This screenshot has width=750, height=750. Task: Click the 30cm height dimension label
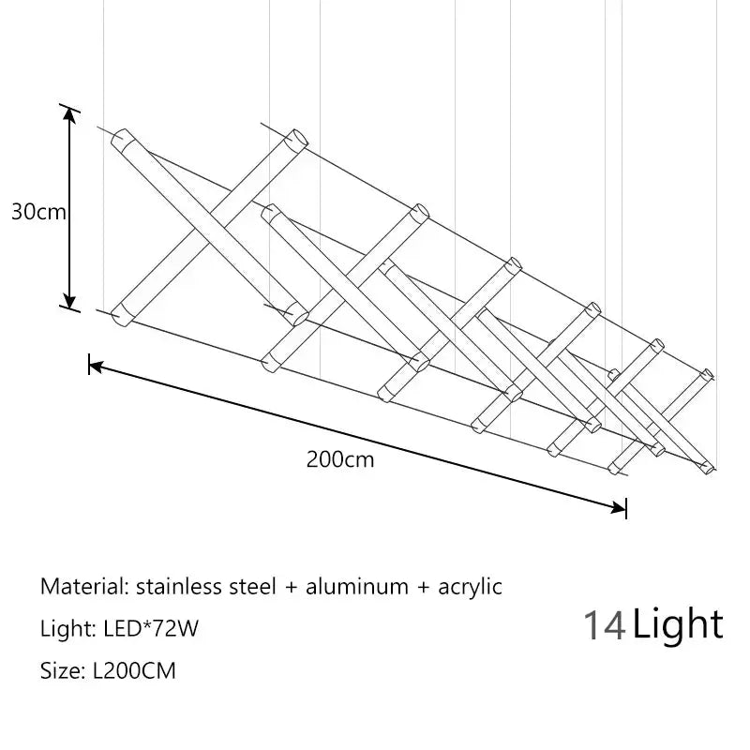tap(38, 212)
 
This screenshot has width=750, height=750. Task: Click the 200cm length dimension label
tap(340, 459)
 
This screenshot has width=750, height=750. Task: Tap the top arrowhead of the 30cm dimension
tap(69, 115)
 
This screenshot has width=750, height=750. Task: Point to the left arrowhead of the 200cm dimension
tap(96, 367)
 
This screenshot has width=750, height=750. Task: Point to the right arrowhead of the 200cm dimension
tap(619, 507)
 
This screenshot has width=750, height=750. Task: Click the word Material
tap(84, 587)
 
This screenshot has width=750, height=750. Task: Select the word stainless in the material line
tap(175, 587)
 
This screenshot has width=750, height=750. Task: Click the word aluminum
tap(357, 587)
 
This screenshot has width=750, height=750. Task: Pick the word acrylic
tap(470, 588)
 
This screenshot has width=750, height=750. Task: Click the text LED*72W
tap(151, 628)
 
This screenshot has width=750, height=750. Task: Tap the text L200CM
tap(134, 670)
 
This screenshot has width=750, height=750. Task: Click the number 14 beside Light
tap(605, 625)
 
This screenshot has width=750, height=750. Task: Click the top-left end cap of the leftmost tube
tap(121, 138)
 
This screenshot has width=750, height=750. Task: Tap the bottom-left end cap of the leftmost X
tap(121, 316)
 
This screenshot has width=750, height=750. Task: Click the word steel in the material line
tap(249, 587)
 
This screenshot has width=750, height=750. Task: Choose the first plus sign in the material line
tap(291, 588)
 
